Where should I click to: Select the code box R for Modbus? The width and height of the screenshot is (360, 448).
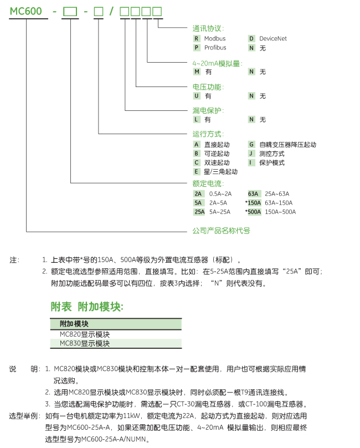[196, 39]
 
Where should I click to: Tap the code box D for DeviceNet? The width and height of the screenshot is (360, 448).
[251, 39]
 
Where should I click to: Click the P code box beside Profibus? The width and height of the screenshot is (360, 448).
[196, 48]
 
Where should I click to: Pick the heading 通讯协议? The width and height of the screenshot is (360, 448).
[208, 28]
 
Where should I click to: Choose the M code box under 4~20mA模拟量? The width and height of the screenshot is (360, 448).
[196, 72]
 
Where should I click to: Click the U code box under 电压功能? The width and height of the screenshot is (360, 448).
[196, 96]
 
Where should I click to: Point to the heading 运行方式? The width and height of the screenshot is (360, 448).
[208, 134]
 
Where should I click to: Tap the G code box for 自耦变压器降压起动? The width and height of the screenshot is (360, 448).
[251, 144]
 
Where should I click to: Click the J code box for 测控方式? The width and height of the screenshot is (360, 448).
[251, 154]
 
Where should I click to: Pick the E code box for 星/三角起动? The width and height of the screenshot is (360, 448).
[196, 172]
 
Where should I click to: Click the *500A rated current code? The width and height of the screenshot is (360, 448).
[253, 212]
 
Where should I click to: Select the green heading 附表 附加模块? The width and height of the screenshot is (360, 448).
[87, 307]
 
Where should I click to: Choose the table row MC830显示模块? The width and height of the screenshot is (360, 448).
[85, 344]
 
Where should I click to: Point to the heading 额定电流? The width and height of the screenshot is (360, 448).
[208, 184]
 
